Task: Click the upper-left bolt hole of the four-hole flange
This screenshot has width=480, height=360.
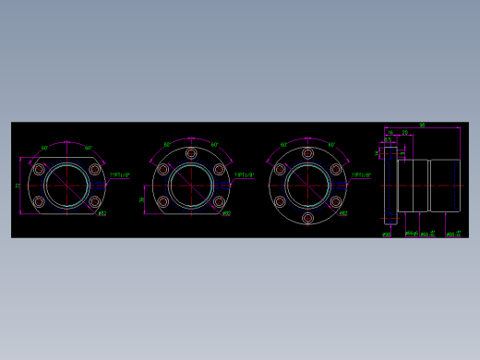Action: tap(39, 169)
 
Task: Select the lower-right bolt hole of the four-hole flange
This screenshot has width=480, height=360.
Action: tap(94, 201)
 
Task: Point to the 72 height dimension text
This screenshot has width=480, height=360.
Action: tap(18, 186)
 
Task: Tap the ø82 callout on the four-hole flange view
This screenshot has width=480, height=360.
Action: tap(102, 214)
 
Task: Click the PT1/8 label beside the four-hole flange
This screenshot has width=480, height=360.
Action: tap(120, 174)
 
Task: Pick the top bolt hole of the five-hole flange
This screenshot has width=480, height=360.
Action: tap(191, 153)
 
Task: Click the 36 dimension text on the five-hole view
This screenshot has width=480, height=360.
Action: tap(142, 198)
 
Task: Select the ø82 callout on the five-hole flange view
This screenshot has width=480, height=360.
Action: tap(226, 214)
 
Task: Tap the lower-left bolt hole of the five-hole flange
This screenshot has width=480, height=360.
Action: tap(163, 201)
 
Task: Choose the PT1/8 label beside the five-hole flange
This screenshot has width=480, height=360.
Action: tap(245, 174)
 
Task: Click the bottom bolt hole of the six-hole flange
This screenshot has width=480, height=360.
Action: tap(308, 218)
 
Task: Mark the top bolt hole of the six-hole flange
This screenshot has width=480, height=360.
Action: tap(308, 153)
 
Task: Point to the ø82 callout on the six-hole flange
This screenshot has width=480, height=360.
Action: tap(342, 214)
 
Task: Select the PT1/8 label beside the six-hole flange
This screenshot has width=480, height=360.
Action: tap(361, 174)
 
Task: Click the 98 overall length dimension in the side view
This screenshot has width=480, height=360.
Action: tap(422, 125)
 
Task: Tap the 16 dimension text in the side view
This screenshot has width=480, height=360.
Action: tap(390, 134)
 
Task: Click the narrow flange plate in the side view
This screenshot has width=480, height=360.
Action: tap(390, 185)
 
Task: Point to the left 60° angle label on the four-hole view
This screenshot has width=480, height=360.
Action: tap(43, 148)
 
